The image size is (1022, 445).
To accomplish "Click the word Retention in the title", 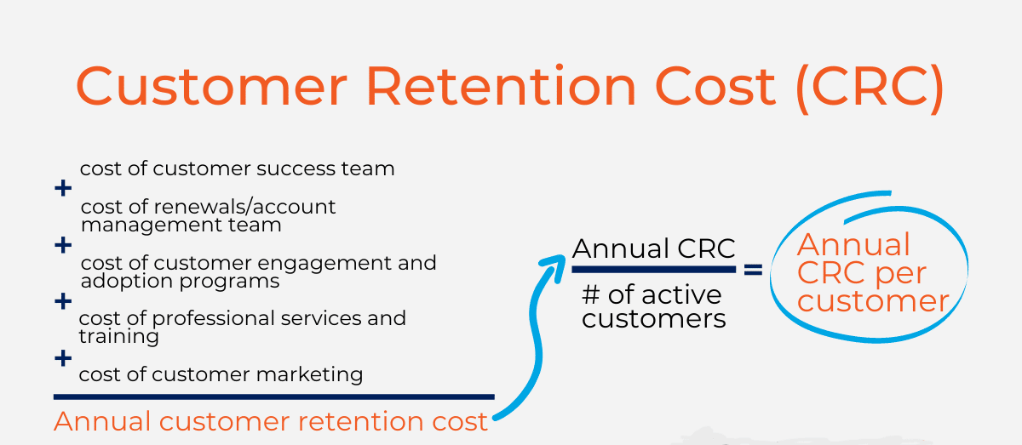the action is point(501,87).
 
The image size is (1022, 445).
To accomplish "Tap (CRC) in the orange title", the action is point(870,88).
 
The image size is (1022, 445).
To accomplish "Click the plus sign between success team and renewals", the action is point(63,188).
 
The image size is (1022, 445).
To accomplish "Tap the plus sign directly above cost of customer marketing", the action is point(63,358).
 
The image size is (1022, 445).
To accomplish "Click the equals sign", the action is point(753,270).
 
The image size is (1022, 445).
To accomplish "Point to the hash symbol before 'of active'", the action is point(590,294).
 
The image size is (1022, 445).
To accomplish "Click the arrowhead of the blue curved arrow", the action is point(554,266).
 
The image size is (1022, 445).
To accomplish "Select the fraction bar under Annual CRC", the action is point(654,270).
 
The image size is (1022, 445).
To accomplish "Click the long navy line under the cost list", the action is point(273,397).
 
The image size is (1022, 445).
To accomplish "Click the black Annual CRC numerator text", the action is point(654,249).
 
